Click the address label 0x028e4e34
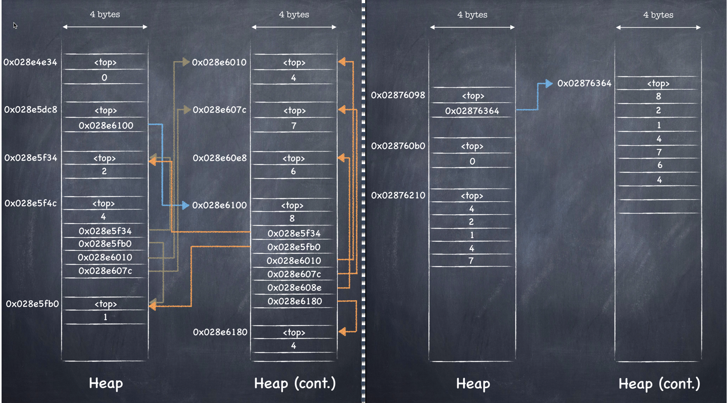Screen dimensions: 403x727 pyautogui.click(x=30, y=62)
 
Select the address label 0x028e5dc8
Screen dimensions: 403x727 pyautogui.click(x=31, y=110)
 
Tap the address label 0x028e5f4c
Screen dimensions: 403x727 pyautogui.click(x=31, y=203)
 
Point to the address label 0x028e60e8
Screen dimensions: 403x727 pyautogui.click(x=220, y=158)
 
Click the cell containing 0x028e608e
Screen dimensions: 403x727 pyautogui.click(x=294, y=288)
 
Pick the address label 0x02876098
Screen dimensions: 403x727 pyautogui.click(x=398, y=95)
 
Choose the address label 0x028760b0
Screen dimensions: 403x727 pyautogui.click(x=398, y=146)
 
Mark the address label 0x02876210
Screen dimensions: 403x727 pyautogui.click(x=398, y=195)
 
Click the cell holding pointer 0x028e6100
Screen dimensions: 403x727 pyautogui.click(x=106, y=126)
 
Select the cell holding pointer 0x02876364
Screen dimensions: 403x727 pyautogui.click(x=472, y=111)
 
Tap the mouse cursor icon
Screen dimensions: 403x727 pyautogui.click(x=15, y=26)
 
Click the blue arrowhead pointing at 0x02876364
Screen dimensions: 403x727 pyautogui.click(x=549, y=83)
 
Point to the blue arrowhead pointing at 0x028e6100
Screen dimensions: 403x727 pyautogui.click(x=185, y=205)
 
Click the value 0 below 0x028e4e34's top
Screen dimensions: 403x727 pyautogui.click(x=104, y=78)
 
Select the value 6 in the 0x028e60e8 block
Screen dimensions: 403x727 pyautogui.click(x=293, y=171)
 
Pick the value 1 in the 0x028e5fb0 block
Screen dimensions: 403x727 pyautogui.click(x=105, y=317)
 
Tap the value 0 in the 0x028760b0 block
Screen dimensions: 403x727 pyautogui.click(x=472, y=161)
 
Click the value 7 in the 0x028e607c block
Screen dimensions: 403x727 pyautogui.click(x=293, y=126)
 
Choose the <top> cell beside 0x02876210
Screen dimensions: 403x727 pyautogui.click(x=472, y=196)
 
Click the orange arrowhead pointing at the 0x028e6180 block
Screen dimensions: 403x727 pyautogui.click(x=342, y=331)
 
